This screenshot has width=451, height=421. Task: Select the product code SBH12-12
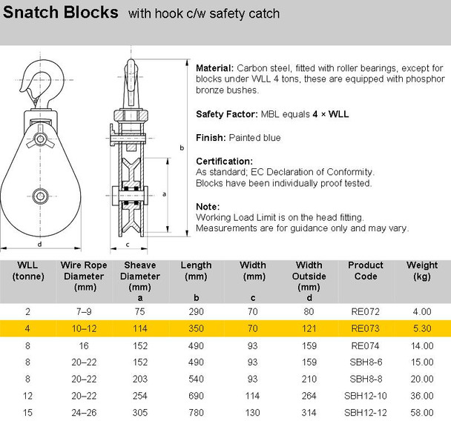coord(366,411)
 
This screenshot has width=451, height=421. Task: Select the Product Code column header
coord(366,271)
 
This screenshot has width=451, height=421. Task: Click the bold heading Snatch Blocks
coord(60,13)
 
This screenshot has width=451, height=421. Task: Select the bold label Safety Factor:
coord(227,114)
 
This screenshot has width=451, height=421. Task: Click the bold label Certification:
coord(224,161)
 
